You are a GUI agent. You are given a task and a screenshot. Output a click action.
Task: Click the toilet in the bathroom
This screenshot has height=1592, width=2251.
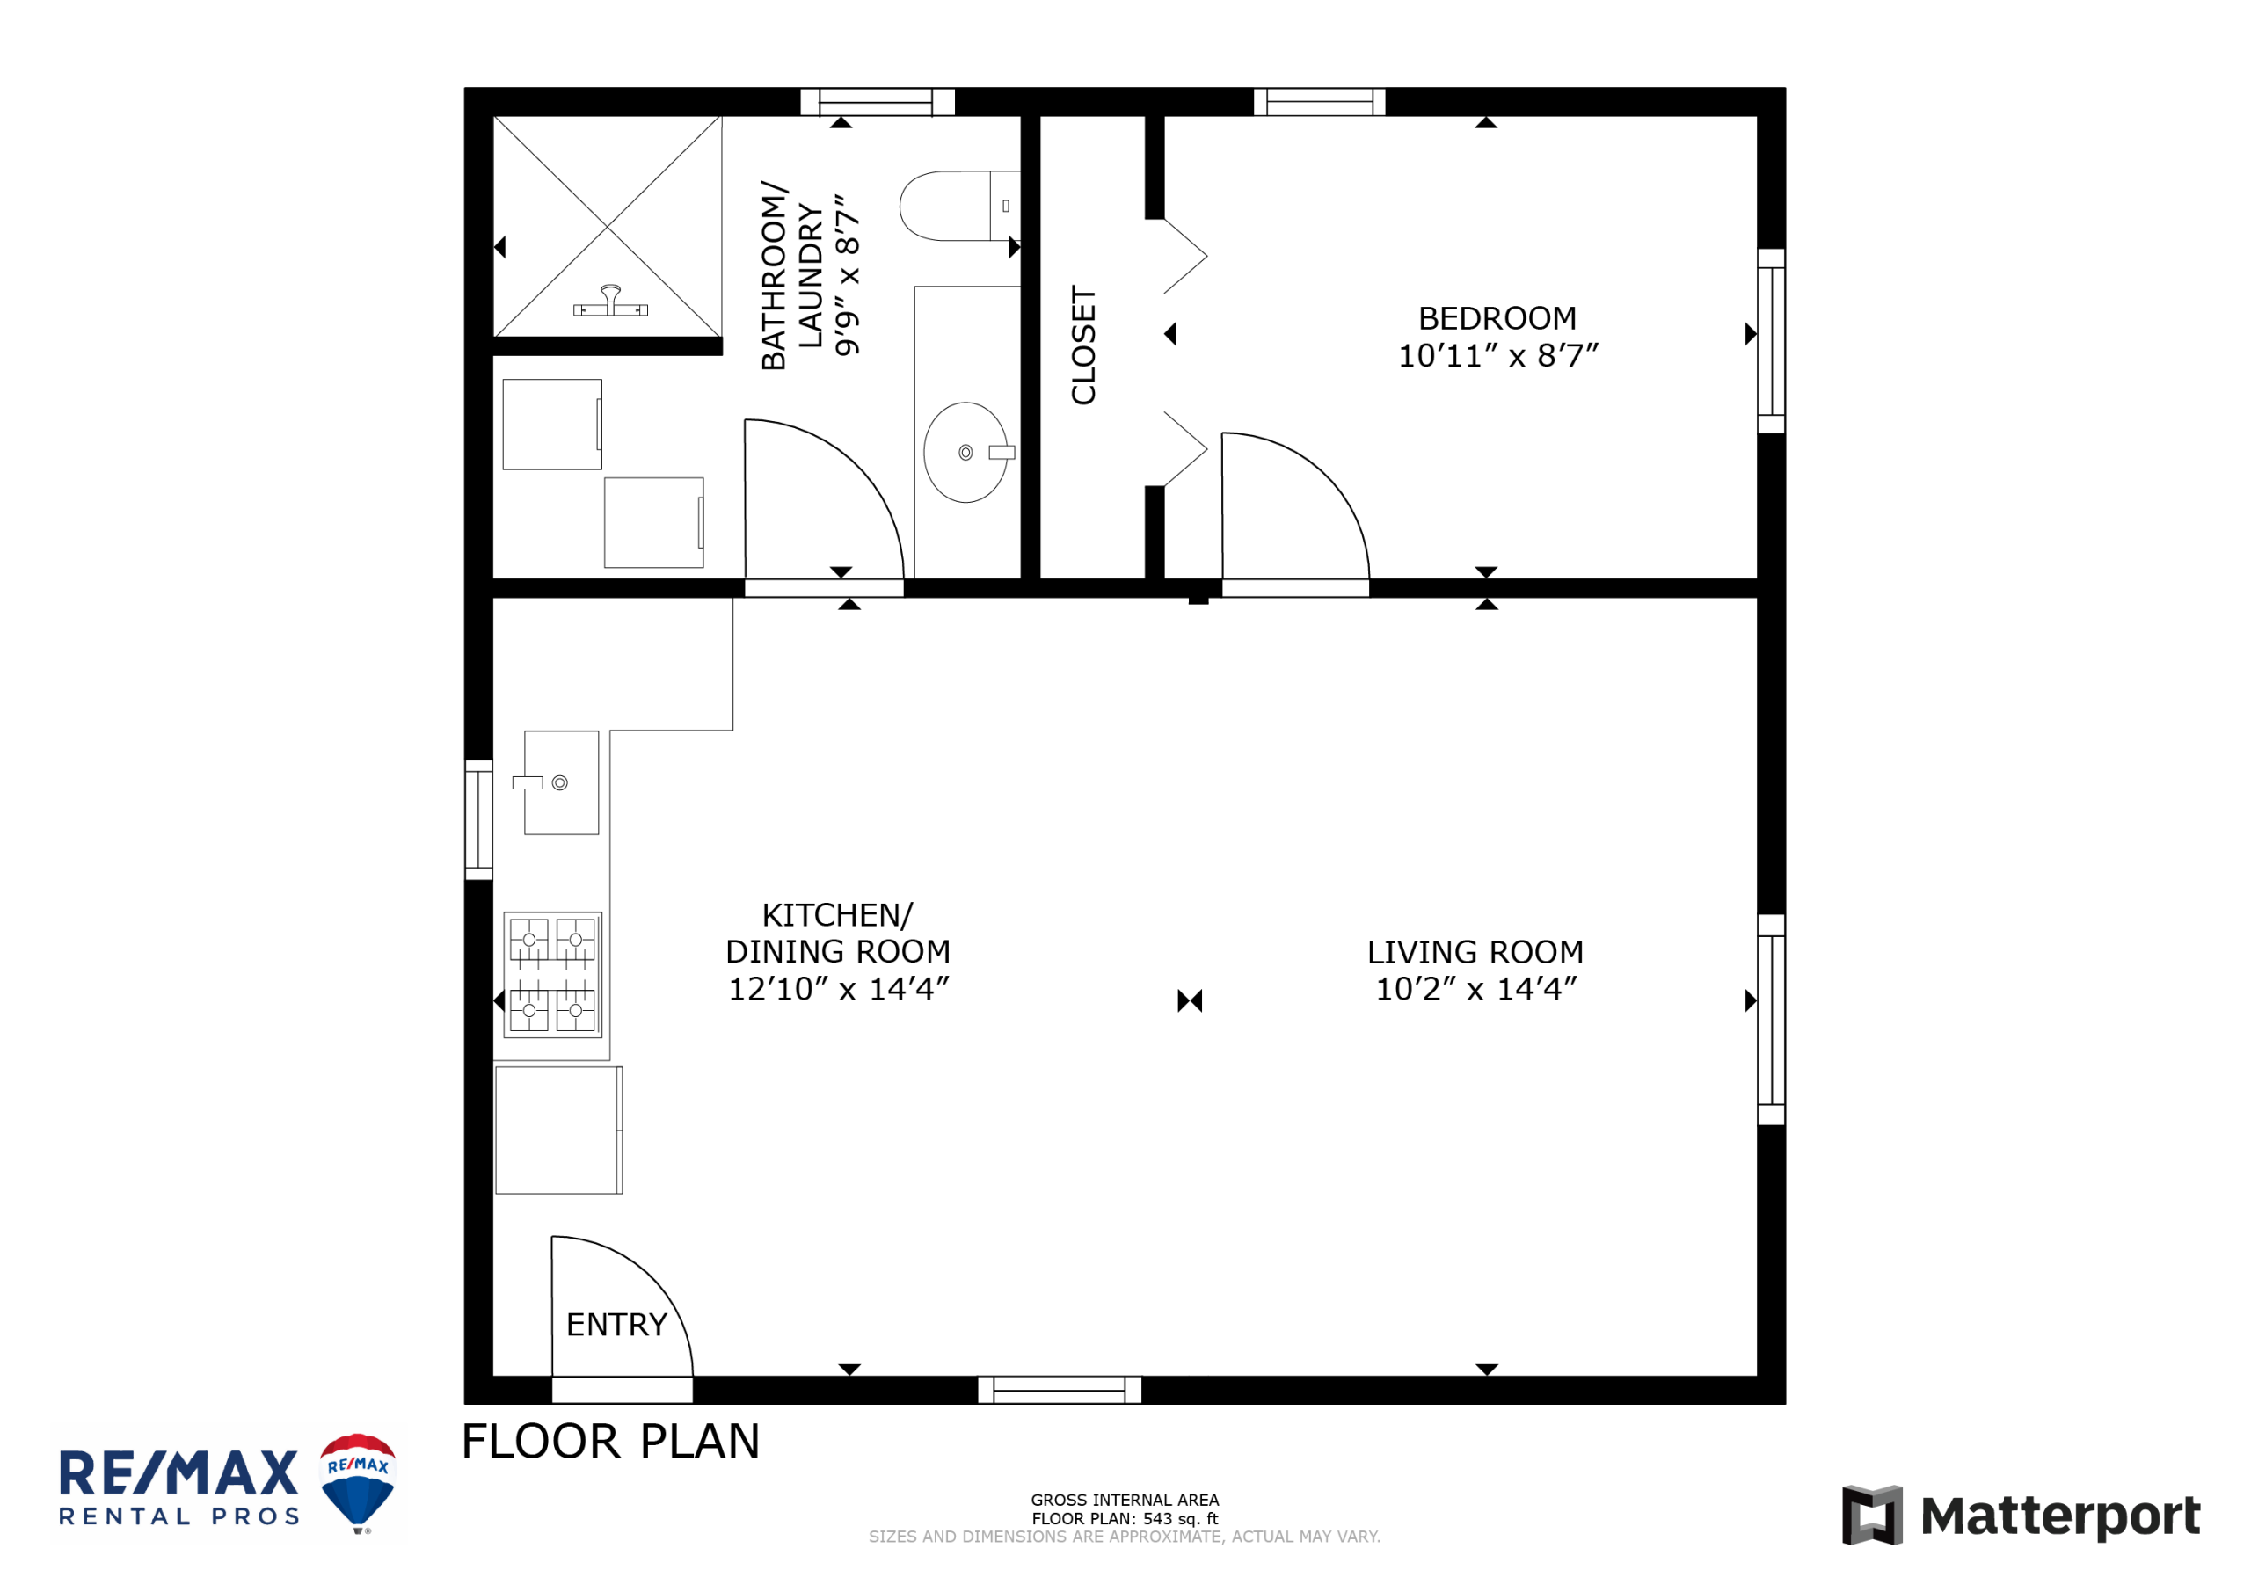coord(958,206)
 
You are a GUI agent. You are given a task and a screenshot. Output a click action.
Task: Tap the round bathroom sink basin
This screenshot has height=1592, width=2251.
coord(965,452)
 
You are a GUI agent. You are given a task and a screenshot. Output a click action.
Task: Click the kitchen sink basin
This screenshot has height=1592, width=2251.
coord(561,782)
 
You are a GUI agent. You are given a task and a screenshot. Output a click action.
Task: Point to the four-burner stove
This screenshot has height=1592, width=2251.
coord(553,974)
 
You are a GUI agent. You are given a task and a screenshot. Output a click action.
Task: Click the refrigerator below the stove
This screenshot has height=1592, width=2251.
coord(559,1130)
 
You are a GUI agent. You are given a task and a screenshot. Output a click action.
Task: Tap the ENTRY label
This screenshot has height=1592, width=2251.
coord(616,1325)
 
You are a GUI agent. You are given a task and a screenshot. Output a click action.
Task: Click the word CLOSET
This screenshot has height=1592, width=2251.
coord(1083,345)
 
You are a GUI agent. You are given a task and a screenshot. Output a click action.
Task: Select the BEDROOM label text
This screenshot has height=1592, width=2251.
coord(1497,318)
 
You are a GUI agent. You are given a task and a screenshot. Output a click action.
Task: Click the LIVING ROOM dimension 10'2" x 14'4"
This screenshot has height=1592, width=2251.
coord(1476,989)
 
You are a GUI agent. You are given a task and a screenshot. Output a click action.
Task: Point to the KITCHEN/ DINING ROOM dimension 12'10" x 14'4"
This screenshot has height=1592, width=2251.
coord(838,989)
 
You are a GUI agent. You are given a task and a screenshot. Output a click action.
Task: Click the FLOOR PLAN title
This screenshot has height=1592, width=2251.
coord(610,1441)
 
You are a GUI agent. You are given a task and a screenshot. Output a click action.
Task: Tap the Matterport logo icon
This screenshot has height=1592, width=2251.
coord(1872,1516)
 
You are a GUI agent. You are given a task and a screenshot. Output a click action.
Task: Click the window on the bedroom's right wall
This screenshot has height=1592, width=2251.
coord(1771,341)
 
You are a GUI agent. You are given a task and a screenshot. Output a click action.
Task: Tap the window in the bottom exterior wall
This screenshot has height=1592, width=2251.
coord(1060,1390)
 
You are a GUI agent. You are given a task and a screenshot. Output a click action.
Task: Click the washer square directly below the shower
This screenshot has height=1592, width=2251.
coord(552,425)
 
